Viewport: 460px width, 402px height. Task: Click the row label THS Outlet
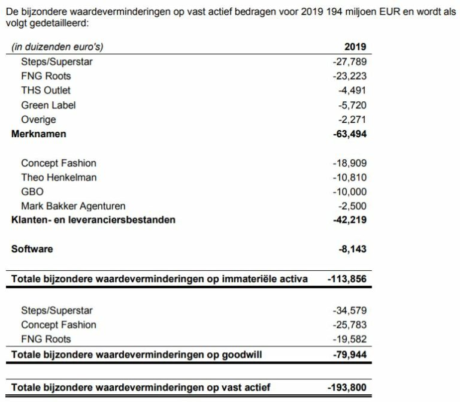coord(46,90)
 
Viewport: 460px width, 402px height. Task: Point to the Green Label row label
coord(48,105)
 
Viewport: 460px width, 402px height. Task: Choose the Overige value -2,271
coord(351,119)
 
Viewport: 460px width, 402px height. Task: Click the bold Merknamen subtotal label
coord(38,134)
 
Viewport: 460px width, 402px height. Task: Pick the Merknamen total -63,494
coord(349,134)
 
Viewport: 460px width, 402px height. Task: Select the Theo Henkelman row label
coord(59,177)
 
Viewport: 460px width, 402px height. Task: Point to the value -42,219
coord(349,220)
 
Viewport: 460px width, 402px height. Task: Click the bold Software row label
coord(32,249)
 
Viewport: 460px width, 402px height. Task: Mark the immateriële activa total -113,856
coord(347,279)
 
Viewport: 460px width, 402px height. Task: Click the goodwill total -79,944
coord(349,355)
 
